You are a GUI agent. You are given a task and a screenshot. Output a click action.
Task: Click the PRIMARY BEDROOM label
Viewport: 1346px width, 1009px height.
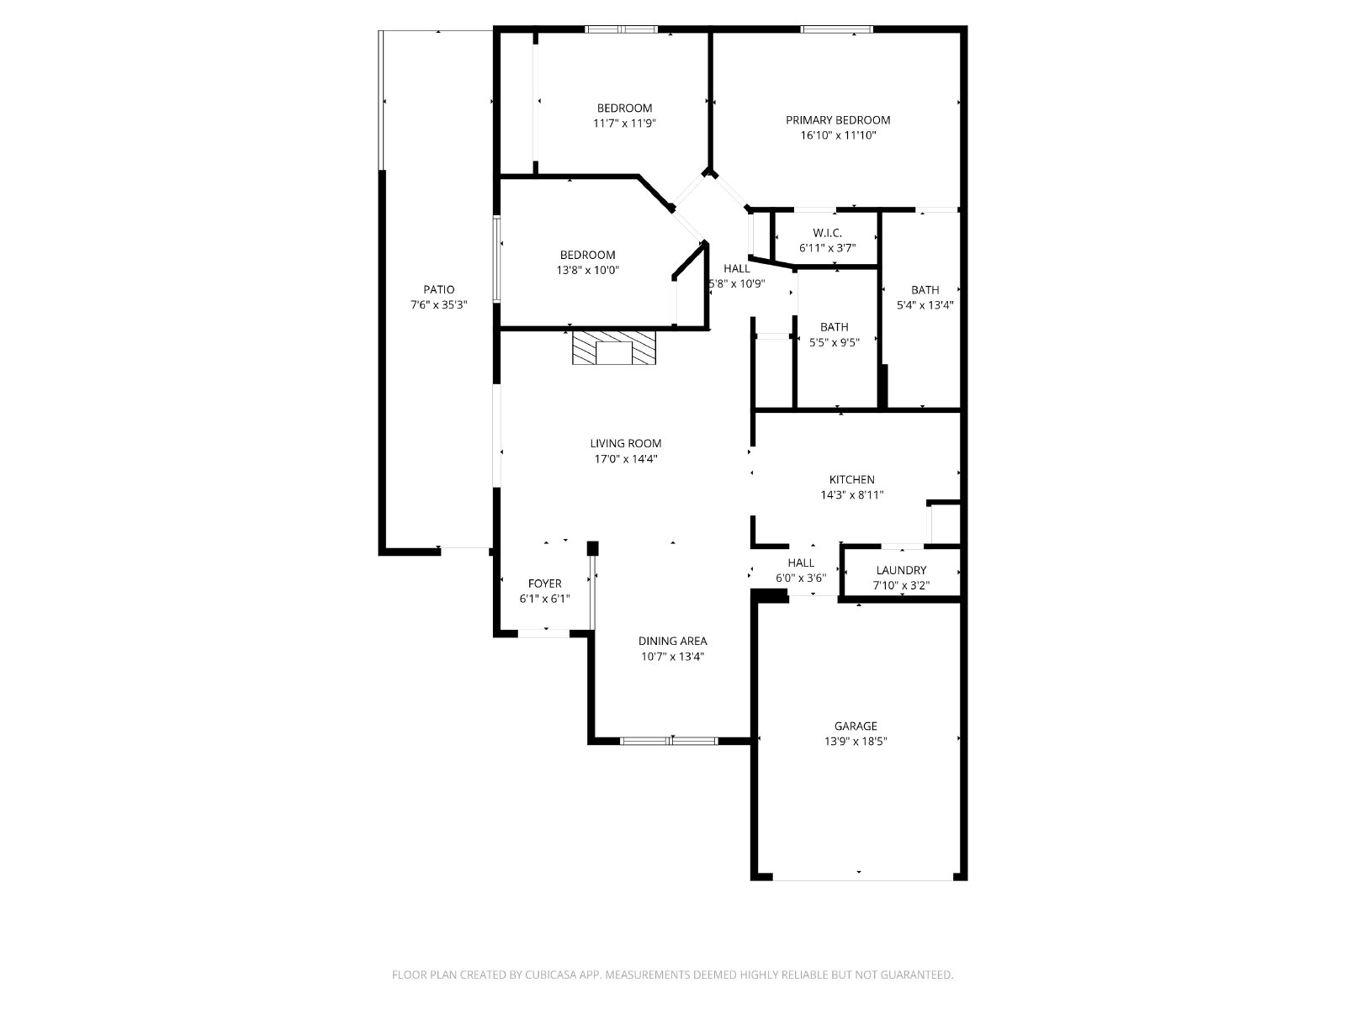[838, 120]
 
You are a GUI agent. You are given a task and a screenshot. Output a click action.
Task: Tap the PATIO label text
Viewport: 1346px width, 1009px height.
[438, 290]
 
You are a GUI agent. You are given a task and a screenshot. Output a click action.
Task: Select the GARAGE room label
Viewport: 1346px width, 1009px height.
[856, 726]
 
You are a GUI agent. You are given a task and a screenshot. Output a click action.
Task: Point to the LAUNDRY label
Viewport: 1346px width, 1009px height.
[901, 570]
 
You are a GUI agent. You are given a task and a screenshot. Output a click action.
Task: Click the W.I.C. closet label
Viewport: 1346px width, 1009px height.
[827, 233]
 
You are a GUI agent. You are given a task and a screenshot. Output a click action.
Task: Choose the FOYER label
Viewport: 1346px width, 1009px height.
[544, 584]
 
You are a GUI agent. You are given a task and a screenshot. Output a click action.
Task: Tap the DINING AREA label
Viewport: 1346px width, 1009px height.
[673, 642]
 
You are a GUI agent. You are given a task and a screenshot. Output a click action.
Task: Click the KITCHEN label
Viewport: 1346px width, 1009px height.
[851, 479]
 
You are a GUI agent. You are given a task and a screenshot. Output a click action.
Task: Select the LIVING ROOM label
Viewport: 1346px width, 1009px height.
[626, 444]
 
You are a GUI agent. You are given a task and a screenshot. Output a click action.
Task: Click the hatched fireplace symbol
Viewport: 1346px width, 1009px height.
[614, 348]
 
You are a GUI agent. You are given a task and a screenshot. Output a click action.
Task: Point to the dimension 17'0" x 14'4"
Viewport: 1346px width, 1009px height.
[626, 459]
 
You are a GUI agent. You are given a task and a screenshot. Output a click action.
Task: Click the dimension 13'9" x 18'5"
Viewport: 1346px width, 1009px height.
[856, 742]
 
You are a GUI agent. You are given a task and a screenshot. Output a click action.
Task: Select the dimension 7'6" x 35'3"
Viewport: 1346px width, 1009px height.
[438, 305]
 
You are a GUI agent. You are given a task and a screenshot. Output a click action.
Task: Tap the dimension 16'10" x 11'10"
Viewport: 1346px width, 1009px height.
[838, 135]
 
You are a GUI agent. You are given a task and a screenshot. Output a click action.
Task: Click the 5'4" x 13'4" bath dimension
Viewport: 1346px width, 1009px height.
[925, 305]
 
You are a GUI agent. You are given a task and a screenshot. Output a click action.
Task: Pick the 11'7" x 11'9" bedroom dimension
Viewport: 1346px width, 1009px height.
[624, 123]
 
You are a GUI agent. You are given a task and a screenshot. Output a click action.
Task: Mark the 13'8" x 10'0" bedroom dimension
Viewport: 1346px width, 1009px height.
[587, 270]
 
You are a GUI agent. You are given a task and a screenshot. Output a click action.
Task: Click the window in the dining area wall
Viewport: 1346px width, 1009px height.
[669, 741]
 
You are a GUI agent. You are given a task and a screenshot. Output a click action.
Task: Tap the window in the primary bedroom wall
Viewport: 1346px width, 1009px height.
[836, 29]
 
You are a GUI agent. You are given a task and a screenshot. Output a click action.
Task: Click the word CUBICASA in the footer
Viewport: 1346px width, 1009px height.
[551, 975]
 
